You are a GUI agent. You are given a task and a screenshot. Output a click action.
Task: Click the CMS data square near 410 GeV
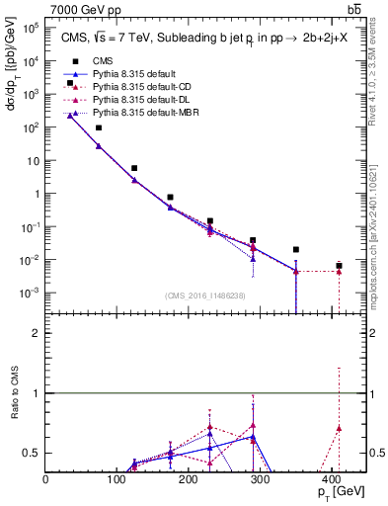pyautogui.click(x=339, y=266)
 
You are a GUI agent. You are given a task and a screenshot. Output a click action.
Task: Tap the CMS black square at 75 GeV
pyautogui.click(x=99, y=127)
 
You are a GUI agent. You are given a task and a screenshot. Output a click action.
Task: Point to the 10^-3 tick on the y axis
pyautogui.click(x=30, y=294)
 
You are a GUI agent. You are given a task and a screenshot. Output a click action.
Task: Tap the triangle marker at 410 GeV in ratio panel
pyautogui.click(x=339, y=428)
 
